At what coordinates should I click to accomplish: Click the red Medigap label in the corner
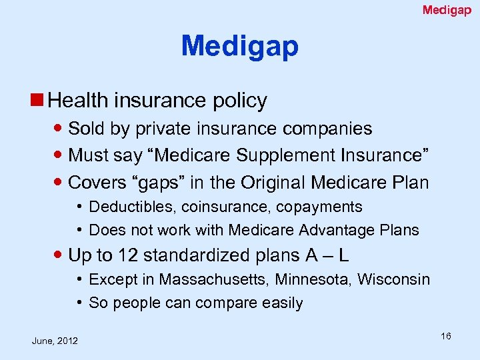pyautogui.click(x=447, y=10)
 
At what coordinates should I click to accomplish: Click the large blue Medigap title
pyautogui.click(x=239, y=46)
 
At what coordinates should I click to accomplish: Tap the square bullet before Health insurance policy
pyautogui.click(x=39, y=101)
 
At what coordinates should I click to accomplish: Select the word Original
pyautogui.click(x=277, y=183)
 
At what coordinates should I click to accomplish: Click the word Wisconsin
pyautogui.click(x=393, y=279)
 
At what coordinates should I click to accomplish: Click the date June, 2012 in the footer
pyautogui.click(x=55, y=341)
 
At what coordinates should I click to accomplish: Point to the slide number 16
pyautogui.click(x=445, y=336)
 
